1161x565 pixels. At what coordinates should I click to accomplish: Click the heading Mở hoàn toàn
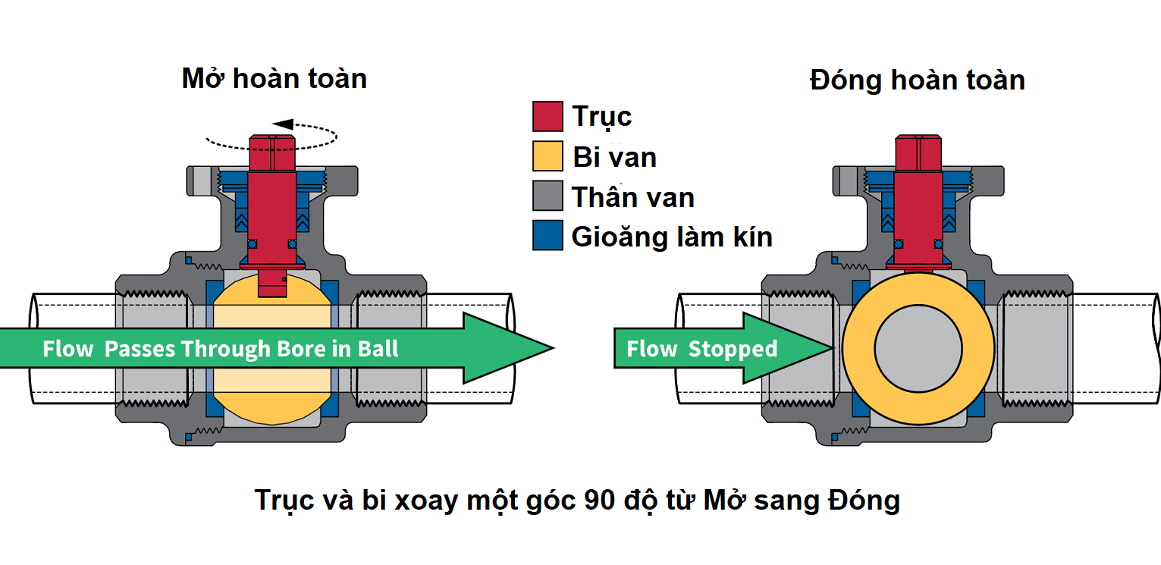(275, 79)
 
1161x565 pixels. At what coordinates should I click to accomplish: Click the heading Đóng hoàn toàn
(918, 80)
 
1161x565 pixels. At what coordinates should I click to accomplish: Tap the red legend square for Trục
(548, 117)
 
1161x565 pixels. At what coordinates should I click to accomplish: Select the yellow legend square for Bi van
(548, 156)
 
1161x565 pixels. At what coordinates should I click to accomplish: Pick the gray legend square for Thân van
(548, 196)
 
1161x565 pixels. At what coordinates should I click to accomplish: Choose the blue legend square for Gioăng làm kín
(548, 236)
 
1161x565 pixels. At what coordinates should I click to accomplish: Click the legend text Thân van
(633, 197)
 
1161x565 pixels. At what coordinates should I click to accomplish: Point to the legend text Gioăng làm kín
(672, 237)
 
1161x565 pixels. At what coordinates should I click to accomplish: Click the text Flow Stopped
(701, 349)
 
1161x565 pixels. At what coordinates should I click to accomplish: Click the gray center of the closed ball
(918, 348)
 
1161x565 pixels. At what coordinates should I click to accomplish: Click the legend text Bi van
(614, 157)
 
